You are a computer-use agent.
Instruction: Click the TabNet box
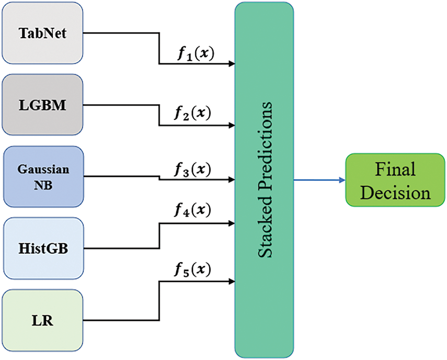pyautogui.click(x=42, y=33)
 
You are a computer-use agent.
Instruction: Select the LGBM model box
pyautogui.click(x=42, y=105)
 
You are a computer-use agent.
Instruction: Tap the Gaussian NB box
pyautogui.click(x=43, y=176)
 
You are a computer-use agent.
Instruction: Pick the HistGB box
pyautogui.click(x=43, y=248)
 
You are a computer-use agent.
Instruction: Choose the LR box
pyautogui.click(x=42, y=320)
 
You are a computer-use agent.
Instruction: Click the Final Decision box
pyautogui.click(x=395, y=180)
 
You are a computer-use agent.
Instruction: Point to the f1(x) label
pyautogui.click(x=196, y=53)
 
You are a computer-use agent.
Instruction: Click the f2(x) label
pyautogui.click(x=193, y=113)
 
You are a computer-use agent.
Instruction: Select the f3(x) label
pyautogui.click(x=193, y=169)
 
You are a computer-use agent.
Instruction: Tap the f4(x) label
pyautogui.click(x=193, y=210)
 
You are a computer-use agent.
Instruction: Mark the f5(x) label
pyautogui.click(x=193, y=269)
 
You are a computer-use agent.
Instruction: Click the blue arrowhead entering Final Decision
pyautogui.click(x=342, y=180)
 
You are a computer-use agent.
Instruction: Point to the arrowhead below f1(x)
pyautogui.click(x=232, y=64)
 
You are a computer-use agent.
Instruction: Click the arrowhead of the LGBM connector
pyautogui.click(x=232, y=125)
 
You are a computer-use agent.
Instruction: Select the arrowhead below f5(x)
pyautogui.click(x=232, y=282)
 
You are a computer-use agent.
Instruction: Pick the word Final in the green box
pyautogui.click(x=395, y=169)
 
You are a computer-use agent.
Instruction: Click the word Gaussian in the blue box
pyautogui.click(x=43, y=169)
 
